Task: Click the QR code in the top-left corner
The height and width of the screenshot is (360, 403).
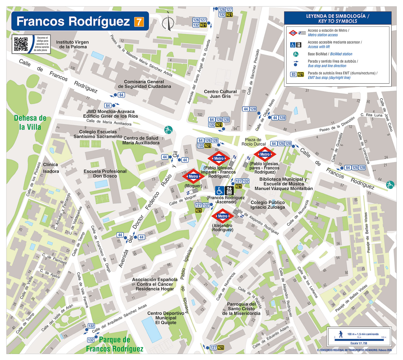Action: (x=21, y=44)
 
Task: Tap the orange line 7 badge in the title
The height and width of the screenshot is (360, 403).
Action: (x=139, y=22)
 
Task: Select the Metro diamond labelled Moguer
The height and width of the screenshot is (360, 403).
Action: (x=193, y=177)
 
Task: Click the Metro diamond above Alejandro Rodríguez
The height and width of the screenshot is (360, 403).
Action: (x=222, y=216)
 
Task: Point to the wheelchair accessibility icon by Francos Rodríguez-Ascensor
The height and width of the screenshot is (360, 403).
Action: (x=220, y=190)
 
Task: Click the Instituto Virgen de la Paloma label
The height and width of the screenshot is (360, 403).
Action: (x=73, y=44)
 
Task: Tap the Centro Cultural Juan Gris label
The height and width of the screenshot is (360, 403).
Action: (x=220, y=94)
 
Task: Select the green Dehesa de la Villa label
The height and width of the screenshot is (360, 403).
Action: (x=30, y=123)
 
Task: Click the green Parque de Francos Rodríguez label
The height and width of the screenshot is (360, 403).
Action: (x=115, y=344)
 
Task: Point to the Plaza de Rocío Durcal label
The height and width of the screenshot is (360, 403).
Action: (x=253, y=142)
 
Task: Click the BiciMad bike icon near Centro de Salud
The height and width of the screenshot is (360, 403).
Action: (x=168, y=130)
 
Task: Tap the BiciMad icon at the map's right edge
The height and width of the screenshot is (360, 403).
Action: (x=390, y=185)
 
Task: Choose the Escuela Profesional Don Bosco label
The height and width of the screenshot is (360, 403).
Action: (x=105, y=174)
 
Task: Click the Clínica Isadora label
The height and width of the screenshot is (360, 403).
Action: (x=51, y=168)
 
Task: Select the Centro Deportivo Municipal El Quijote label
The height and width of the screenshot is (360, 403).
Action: (x=166, y=318)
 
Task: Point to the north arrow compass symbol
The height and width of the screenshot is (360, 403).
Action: (x=168, y=22)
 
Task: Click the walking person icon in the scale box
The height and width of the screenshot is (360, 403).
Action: (x=341, y=334)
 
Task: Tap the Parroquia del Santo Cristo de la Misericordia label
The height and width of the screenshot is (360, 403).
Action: (x=241, y=309)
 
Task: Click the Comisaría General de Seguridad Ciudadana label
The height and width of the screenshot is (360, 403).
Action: (x=144, y=84)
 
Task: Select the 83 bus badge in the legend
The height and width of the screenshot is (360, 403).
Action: (x=293, y=74)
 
